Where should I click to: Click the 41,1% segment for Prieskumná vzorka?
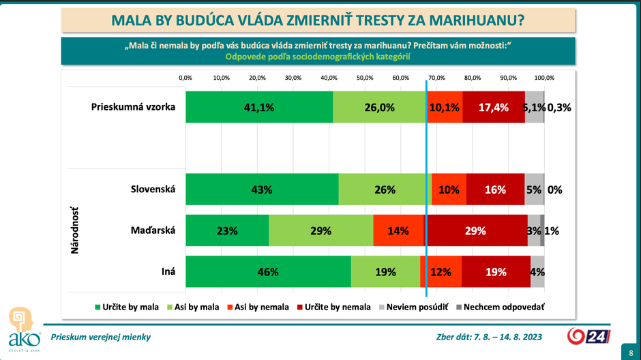click(x=259, y=107)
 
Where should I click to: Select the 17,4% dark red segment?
click(x=494, y=107)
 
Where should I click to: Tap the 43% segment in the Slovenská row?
click(x=262, y=190)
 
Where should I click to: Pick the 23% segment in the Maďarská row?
click(x=227, y=231)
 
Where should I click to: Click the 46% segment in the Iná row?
click(x=268, y=272)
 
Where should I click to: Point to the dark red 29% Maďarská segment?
click(x=477, y=231)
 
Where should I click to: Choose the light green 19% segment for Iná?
click(x=385, y=272)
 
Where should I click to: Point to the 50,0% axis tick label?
click(x=365, y=78)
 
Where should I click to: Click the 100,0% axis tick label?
click(x=544, y=78)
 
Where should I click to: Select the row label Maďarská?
click(x=153, y=230)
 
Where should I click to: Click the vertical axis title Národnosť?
click(x=74, y=231)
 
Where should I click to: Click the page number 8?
click(x=629, y=352)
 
